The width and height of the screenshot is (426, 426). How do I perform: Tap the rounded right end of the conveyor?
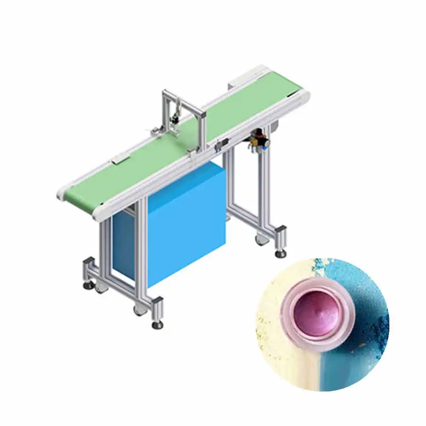point(303,92)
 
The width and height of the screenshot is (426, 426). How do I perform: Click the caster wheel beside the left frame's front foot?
point(139,310)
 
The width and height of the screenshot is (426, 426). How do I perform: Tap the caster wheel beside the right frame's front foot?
point(260,241)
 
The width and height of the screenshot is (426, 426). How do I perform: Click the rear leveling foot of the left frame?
point(88,283)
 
